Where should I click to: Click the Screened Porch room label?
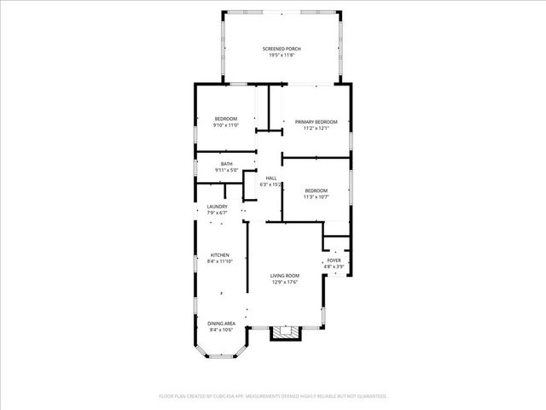pyautogui.click(x=285, y=49)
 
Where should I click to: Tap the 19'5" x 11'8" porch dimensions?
pyautogui.click(x=285, y=56)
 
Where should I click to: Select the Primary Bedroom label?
pyautogui.click(x=317, y=122)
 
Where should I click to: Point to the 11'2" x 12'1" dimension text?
pyautogui.click(x=317, y=129)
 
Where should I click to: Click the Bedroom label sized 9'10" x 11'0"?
pyautogui.click(x=226, y=118)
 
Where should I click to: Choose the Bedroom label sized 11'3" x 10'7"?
pyautogui.click(x=317, y=190)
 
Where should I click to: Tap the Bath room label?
pyautogui.click(x=226, y=164)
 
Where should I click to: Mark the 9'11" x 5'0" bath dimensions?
pyautogui.click(x=226, y=171)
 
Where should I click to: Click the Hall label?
pyautogui.click(x=270, y=178)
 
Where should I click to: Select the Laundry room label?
pyautogui.click(x=217, y=207)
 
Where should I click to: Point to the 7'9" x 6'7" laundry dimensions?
pyautogui.click(x=217, y=214)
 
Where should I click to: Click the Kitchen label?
pyautogui.click(x=220, y=255)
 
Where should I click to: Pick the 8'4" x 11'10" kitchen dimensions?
pyautogui.click(x=220, y=262)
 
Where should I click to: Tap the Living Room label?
pyautogui.click(x=285, y=275)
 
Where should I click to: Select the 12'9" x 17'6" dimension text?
pyautogui.click(x=285, y=282)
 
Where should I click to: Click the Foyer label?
pyautogui.click(x=334, y=260)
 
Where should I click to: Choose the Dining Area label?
pyautogui.click(x=221, y=323)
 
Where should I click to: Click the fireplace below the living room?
pyautogui.click(x=285, y=331)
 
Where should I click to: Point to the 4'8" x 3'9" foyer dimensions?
pyautogui.click(x=334, y=266)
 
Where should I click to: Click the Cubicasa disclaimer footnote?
pyautogui.click(x=273, y=396)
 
